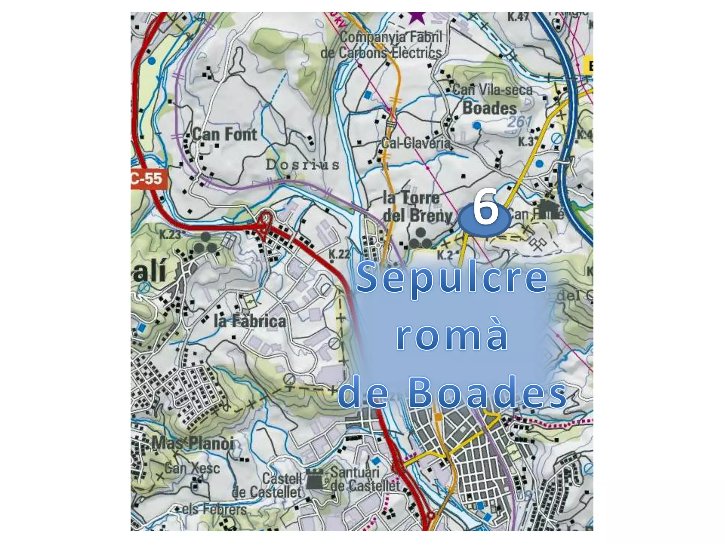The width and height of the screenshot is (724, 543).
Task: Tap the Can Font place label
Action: click(x=225, y=135)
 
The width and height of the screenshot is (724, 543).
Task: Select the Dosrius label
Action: click(x=303, y=165)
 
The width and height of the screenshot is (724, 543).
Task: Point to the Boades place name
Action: click(x=490, y=108)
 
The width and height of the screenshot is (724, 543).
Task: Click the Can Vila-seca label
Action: click(x=492, y=90)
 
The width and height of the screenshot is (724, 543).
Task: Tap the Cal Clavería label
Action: click(x=416, y=143)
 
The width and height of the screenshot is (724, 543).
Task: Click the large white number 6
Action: click(x=486, y=207)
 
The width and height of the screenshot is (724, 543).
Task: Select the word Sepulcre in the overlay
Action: click(x=452, y=278)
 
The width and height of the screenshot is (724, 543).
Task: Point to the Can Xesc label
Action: click(x=192, y=468)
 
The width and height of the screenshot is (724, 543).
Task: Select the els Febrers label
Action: click(x=214, y=509)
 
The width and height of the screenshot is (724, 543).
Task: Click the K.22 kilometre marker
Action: click(x=339, y=253)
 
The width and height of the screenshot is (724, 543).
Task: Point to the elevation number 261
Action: click(x=520, y=122)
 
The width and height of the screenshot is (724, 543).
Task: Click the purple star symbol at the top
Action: click(x=417, y=17)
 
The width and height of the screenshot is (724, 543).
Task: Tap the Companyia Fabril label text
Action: click(x=391, y=37)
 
